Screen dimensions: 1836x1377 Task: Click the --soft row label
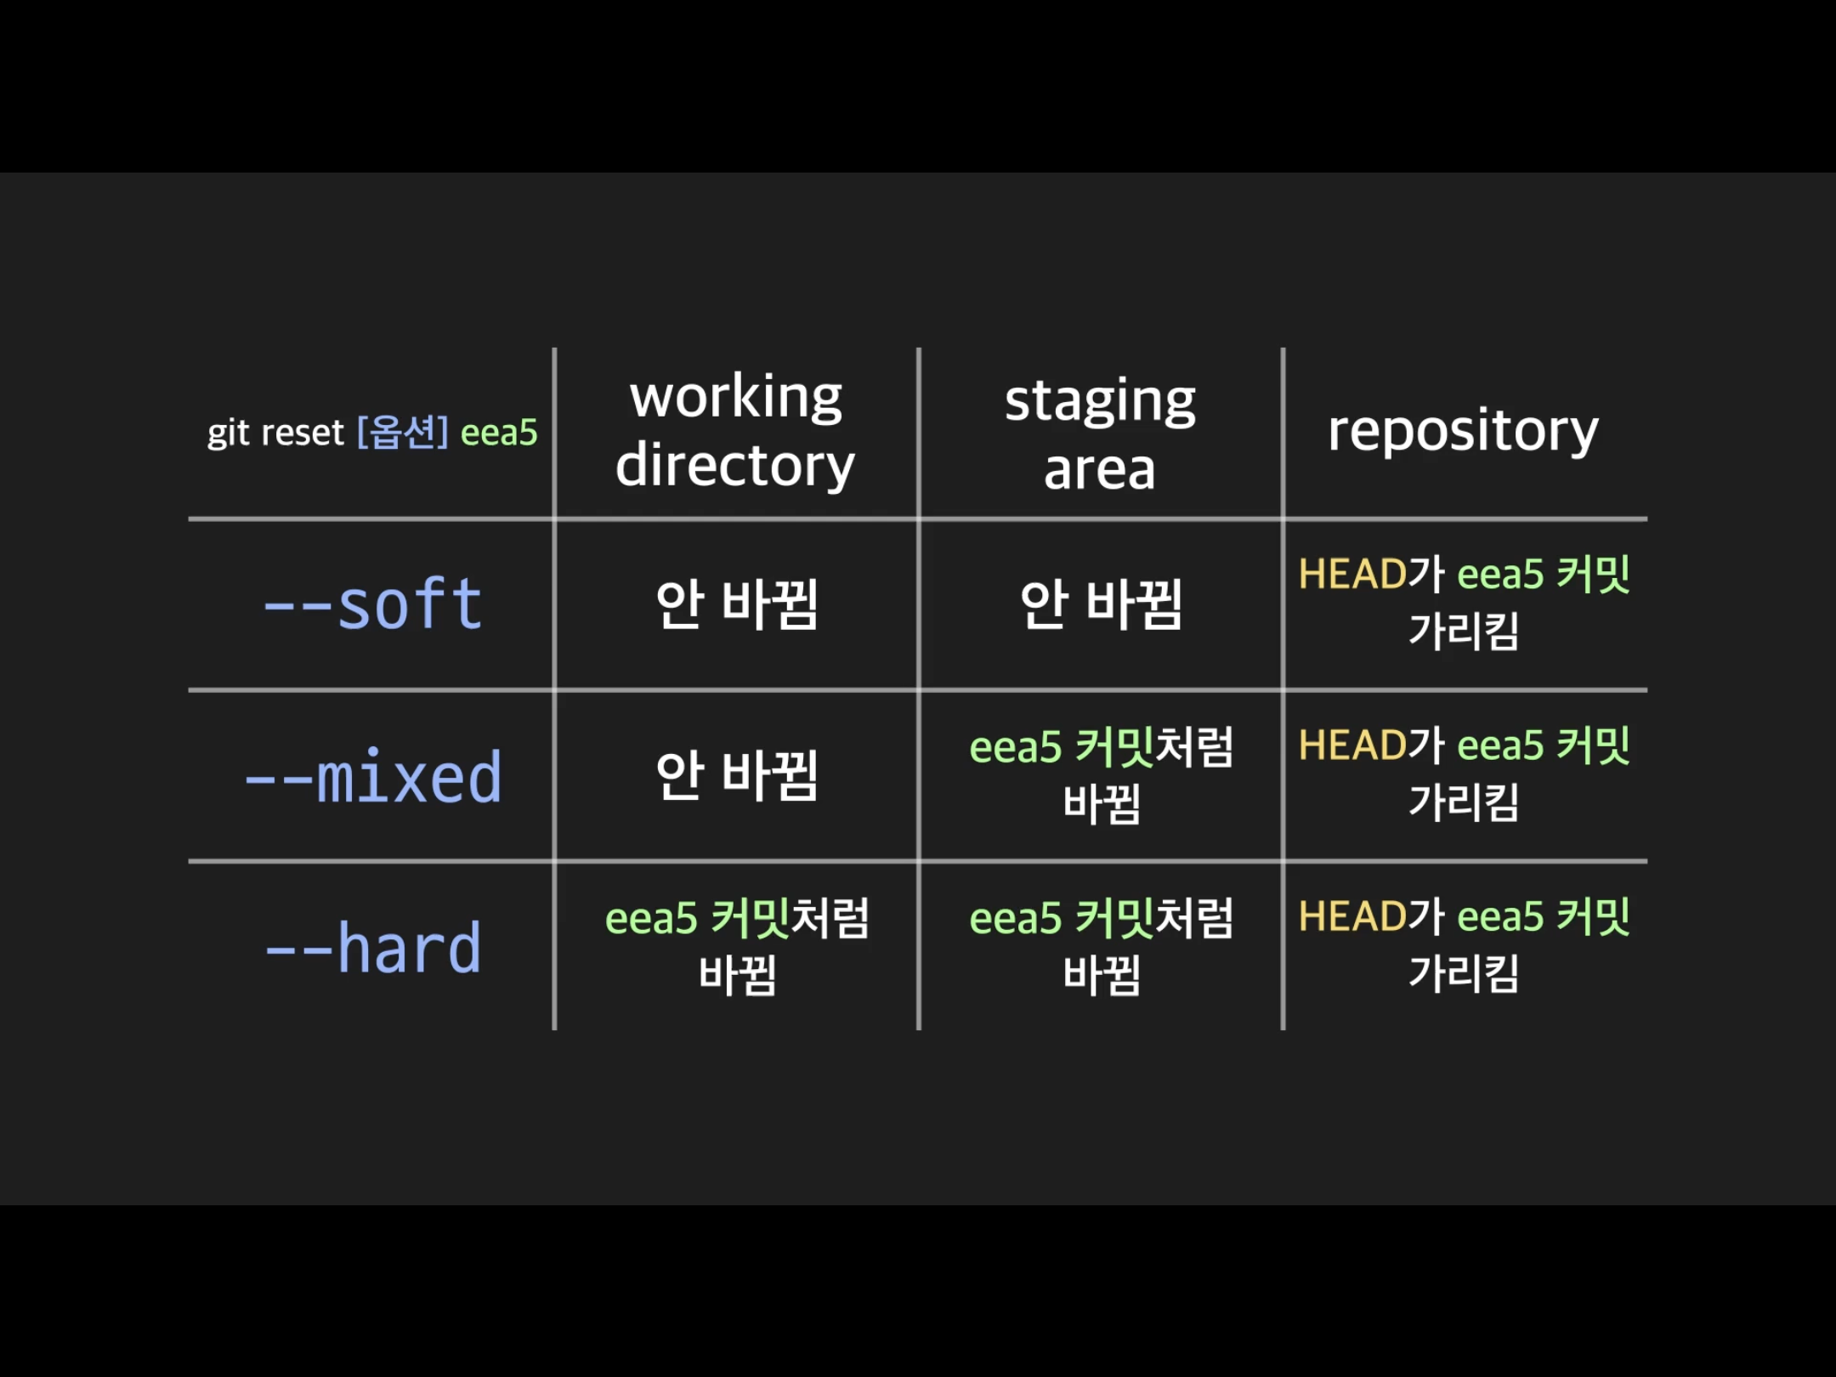pos(373,604)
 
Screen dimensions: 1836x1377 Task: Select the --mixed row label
pos(373,777)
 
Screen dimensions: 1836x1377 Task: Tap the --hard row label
pos(373,948)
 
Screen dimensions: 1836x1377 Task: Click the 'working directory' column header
pos(735,431)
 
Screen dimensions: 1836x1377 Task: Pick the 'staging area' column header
pos(1100,433)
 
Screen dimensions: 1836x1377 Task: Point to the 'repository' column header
pos(1463,431)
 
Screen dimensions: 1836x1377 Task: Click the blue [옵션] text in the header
pos(402,432)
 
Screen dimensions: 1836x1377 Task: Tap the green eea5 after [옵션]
pos(499,433)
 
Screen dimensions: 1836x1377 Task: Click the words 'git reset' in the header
pos(275,433)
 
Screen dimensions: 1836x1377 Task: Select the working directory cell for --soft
pos(736,604)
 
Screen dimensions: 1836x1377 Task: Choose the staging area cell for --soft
pos(1101,604)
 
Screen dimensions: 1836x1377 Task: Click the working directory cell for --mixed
pos(736,776)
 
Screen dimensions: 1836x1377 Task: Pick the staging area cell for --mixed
pos(1101,775)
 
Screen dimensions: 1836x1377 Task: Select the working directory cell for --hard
pos(736,946)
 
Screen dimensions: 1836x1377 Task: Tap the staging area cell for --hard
pos(1101,946)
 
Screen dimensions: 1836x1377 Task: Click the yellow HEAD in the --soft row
pos(1352,575)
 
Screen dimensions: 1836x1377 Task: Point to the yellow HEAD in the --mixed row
pos(1352,746)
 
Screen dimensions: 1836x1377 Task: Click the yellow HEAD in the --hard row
pos(1352,917)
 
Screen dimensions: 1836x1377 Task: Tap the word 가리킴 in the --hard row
pos(1464,973)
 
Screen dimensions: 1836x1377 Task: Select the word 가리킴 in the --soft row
pos(1464,632)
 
